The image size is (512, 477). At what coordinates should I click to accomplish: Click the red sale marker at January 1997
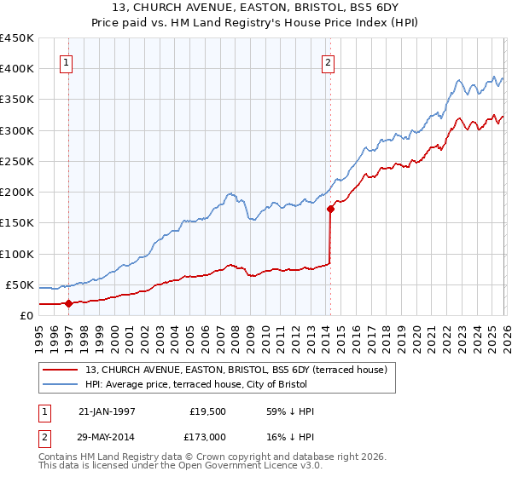click(x=69, y=302)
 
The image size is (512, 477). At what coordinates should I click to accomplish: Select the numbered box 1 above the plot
click(x=67, y=61)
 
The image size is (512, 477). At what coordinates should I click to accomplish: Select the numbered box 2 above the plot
click(x=329, y=61)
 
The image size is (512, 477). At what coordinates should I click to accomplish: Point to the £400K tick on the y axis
click(x=17, y=69)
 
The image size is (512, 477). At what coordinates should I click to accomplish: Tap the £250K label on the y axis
click(x=17, y=162)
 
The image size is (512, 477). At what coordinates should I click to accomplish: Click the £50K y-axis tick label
click(x=20, y=285)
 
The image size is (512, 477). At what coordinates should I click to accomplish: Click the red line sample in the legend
click(x=61, y=370)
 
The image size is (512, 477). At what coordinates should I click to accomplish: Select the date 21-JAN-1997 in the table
click(x=108, y=412)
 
